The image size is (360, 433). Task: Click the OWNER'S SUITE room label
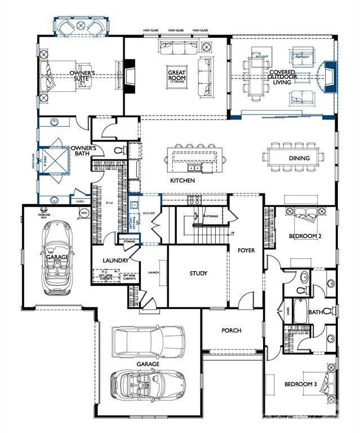click(x=82, y=77)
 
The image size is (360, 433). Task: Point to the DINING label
click(x=299, y=158)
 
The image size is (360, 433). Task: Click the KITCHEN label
click(x=183, y=180)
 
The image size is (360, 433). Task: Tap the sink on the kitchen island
click(x=194, y=167)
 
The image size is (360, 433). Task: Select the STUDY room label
click(x=198, y=273)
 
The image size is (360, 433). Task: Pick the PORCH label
click(x=231, y=330)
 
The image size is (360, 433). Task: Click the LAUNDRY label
click(x=116, y=260)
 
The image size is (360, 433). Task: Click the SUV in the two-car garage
click(x=148, y=340)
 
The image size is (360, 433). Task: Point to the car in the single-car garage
click(x=57, y=257)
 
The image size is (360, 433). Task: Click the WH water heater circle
click(x=84, y=214)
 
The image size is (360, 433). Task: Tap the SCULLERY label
click(x=148, y=213)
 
